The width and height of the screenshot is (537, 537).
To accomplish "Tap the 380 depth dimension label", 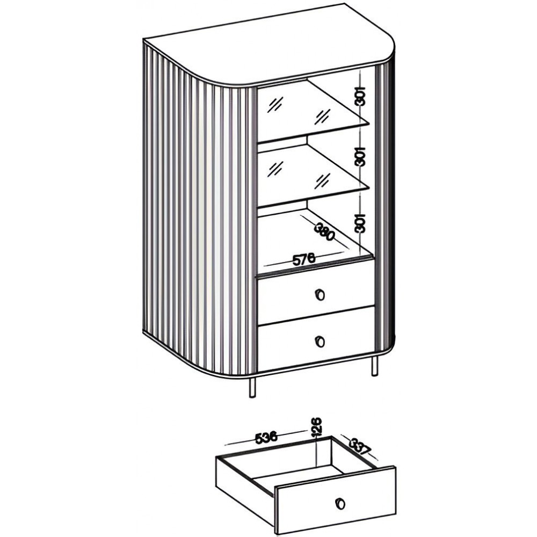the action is coord(324,231).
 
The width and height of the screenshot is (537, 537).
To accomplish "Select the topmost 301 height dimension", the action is coord(360,96).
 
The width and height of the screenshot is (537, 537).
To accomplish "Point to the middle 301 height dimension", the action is coord(360,156).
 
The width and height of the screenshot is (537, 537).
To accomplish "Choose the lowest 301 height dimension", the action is coord(360,223).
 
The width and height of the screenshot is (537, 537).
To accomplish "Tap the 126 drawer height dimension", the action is coord(316,426).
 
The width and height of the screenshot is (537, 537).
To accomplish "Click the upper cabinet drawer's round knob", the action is coord(320,294).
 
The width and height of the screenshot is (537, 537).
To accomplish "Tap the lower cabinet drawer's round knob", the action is coord(320,341).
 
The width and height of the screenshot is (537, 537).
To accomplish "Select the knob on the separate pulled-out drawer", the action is coord(340,504).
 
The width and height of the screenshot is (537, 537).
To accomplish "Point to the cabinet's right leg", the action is coord(374,366).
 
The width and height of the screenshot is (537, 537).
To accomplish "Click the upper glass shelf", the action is coord(314,110).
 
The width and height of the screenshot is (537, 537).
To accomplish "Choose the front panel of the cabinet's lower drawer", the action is coord(316,339).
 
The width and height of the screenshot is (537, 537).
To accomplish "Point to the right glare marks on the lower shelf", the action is coord(322,180).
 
